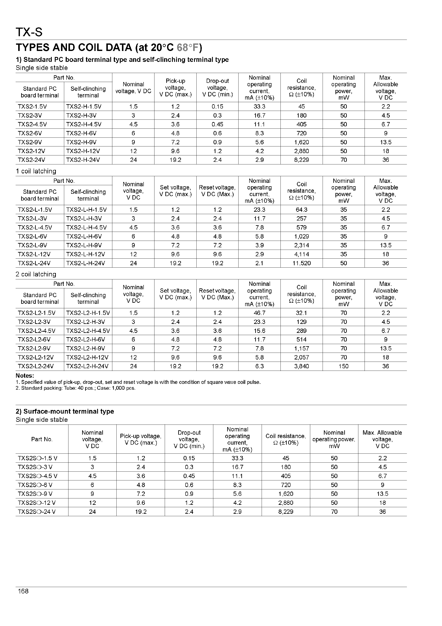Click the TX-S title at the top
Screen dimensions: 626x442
click(29, 33)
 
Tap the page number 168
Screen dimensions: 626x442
click(23, 591)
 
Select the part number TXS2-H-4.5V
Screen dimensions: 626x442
click(84, 124)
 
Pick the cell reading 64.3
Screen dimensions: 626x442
click(301, 210)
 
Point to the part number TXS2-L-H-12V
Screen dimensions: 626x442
click(85, 254)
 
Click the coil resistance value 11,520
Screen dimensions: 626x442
click(301, 263)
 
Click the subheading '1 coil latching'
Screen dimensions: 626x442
click(36, 171)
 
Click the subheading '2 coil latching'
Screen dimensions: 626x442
click(36, 274)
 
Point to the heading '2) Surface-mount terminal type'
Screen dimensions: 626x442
click(65, 411)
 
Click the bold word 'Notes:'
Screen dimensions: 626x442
click(25, 376)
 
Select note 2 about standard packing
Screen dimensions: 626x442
click(76, 388)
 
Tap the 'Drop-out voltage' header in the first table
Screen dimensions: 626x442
click(217, 88)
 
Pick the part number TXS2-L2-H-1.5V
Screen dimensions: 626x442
click(88, 313)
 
